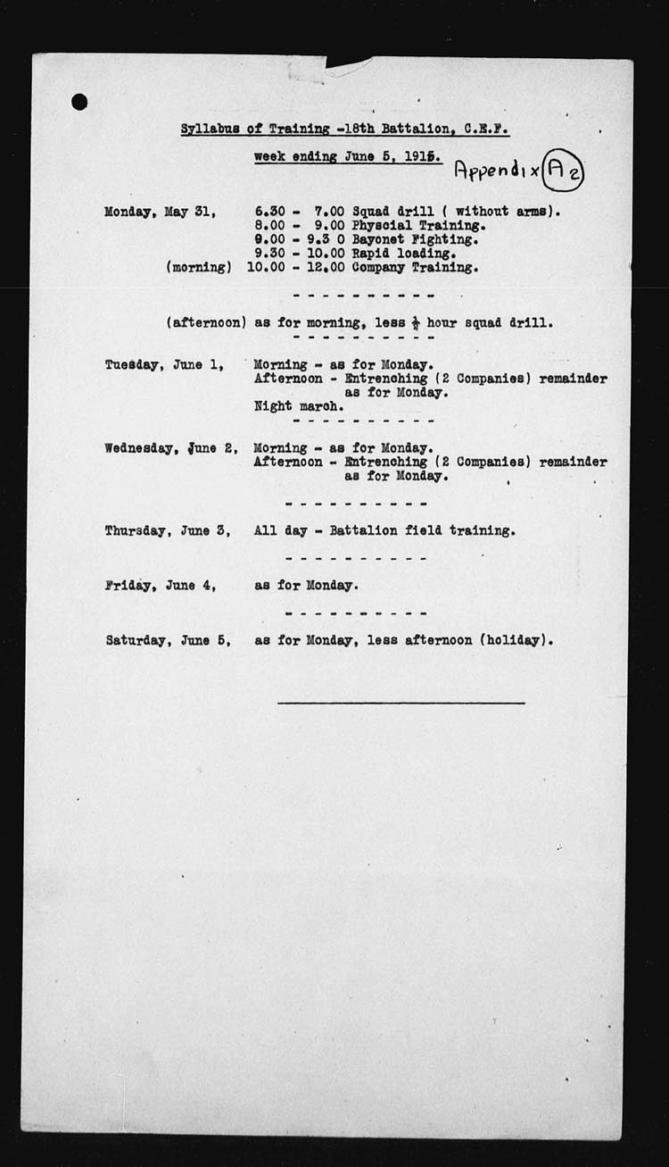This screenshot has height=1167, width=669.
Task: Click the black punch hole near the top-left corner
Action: click(79, 102)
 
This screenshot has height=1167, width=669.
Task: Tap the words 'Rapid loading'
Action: click(403, 253)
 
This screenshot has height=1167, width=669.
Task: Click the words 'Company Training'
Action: click(414, 267)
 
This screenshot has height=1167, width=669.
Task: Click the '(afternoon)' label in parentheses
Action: click(206, 323)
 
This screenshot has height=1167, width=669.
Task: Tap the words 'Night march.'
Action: click(298, 405)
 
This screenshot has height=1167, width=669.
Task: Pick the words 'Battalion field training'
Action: click(420, 530)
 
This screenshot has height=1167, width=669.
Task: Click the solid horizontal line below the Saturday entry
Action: click(401, 703)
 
